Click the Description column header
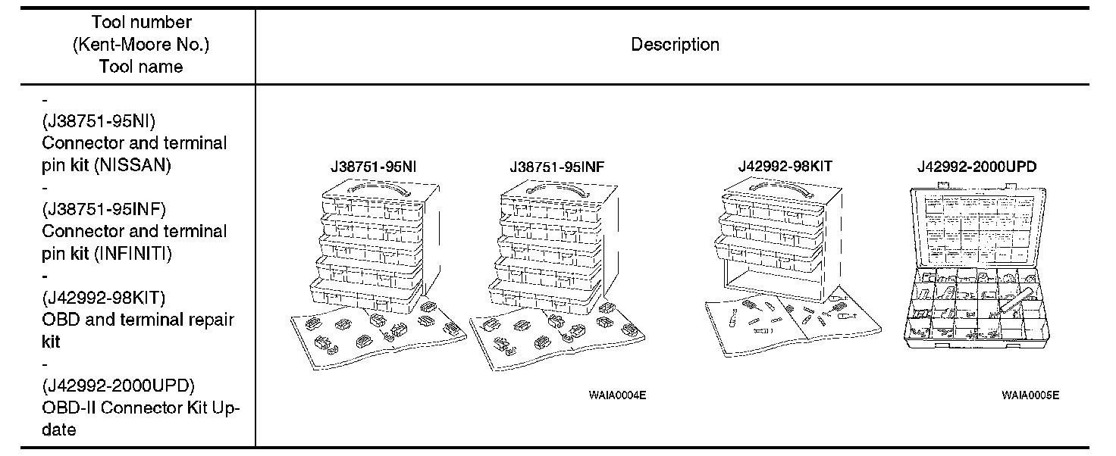click(675, 45)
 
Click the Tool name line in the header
click(140, 67)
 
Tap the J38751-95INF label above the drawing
click(557, 167)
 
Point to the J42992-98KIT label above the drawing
click(785, 167)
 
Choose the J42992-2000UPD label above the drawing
click(976, 167)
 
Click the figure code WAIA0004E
click(617, 395)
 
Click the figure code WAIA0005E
click(1030, 395)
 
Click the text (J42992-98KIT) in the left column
click(104, 298)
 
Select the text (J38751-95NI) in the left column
click(99, 121)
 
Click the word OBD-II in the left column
click(68, 408)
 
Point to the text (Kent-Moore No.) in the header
click(140, 45)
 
